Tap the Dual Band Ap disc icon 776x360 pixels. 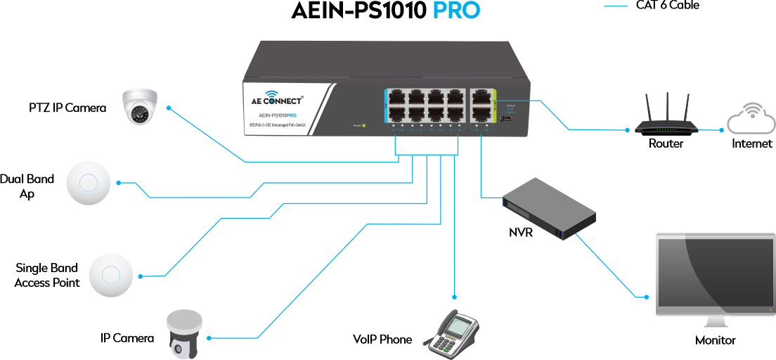click(89, 183)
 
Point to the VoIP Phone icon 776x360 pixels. click(453, 331)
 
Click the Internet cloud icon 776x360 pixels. click(751, 120)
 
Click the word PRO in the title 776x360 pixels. click(456, 12)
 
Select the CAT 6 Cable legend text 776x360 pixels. click(668, 6)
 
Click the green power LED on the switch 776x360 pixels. click(363, 126)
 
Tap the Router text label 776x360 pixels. click(666, 144)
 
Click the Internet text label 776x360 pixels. click(751, 144)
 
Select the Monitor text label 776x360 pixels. click(715, 340)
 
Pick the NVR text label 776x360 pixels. click(521, 233)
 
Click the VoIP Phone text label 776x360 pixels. click(382, 340)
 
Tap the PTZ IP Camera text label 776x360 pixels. click(67, 108)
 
